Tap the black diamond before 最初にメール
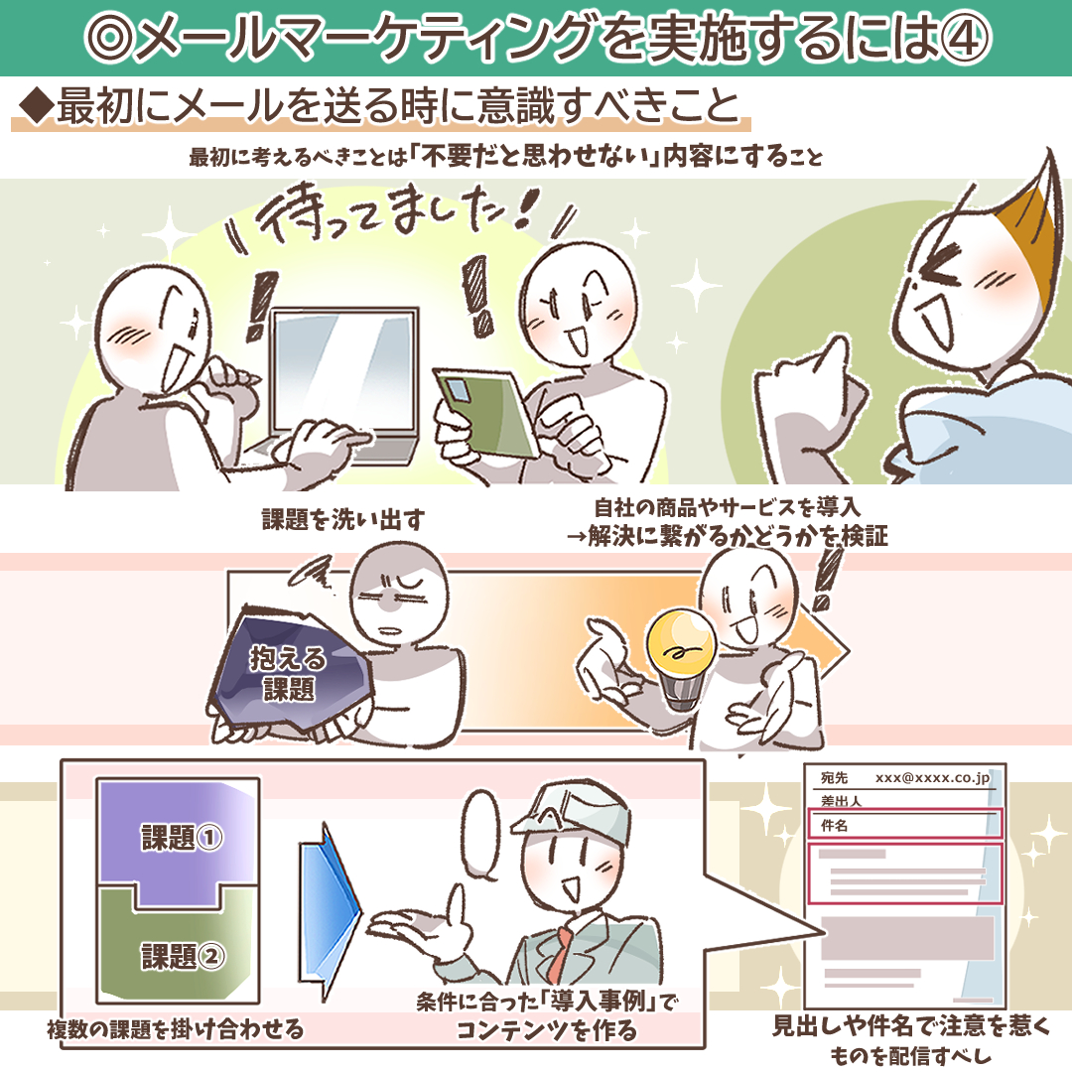click(x=37, y=106)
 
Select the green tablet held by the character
click(x=486, y=416)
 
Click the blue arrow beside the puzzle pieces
click(x=330, y=912)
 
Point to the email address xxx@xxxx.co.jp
click(x=932, y=778)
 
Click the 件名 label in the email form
click(x=834, y=825)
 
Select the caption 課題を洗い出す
click(x=343, y=519)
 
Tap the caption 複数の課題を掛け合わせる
click(x=176, y=1029)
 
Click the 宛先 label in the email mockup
click(x=834, y=777)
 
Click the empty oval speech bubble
click(x=482, y=834)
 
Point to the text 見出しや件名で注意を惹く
click(x=910, y=1025)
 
